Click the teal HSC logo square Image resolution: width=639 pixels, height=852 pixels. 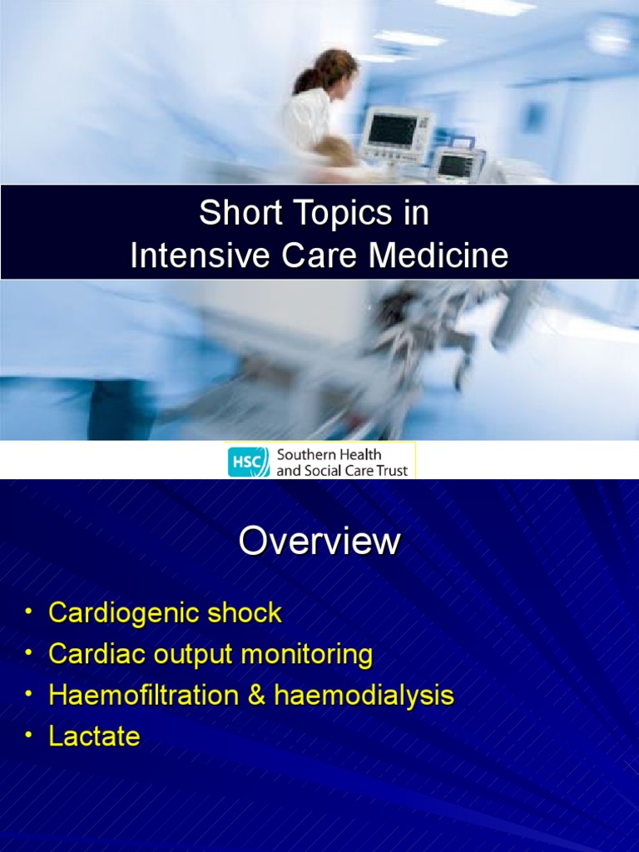coord(249,462)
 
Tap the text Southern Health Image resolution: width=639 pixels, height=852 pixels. coord(329,454)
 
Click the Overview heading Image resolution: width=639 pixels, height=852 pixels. coord(319,542)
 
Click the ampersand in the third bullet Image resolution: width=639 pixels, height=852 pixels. coord(256,695)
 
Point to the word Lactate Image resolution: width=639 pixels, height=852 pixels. coord(94,736)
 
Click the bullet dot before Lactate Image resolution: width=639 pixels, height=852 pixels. coord(28,736)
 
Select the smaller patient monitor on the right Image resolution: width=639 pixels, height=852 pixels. coord(457,164)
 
